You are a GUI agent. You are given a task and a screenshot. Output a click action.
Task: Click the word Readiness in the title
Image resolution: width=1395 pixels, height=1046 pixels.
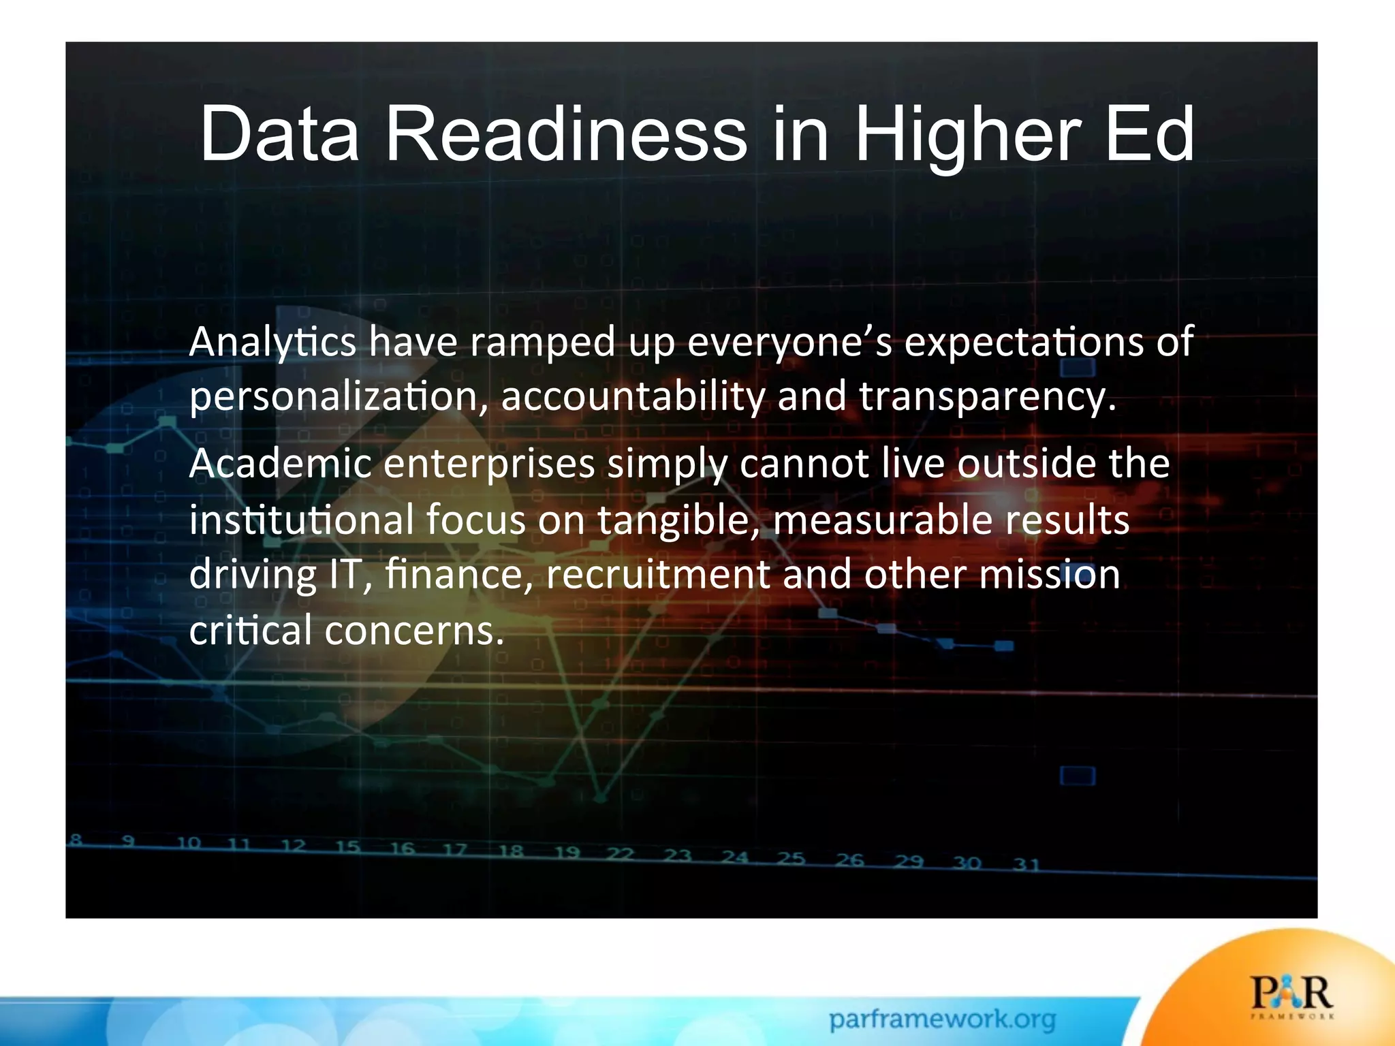[566, 134]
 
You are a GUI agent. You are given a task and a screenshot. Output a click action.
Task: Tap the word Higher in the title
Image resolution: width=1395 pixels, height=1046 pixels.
[967, 134]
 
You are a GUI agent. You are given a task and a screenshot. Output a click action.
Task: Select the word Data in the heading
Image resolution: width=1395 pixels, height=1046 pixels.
[279, 134]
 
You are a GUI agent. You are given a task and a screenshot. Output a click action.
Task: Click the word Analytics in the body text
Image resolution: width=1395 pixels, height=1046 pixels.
[272, 342]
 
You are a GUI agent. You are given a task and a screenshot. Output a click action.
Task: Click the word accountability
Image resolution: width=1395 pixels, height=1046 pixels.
[633, 397]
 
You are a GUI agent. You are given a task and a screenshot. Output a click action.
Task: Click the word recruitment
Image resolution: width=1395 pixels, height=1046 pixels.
[658, 575]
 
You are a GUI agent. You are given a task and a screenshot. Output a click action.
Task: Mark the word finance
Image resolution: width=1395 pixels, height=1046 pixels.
[459, 575]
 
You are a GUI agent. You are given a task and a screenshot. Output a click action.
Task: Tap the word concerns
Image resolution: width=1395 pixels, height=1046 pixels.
[414, 631]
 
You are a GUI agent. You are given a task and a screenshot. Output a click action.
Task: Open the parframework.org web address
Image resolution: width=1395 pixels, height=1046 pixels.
[942, 1019]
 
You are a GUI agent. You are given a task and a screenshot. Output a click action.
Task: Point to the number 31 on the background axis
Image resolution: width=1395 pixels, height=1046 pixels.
[1026, 865]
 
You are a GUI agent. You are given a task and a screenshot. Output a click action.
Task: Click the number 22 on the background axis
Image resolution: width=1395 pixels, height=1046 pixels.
[620, 854]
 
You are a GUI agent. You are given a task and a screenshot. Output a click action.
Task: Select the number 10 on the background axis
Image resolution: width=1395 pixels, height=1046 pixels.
[189, 844]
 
